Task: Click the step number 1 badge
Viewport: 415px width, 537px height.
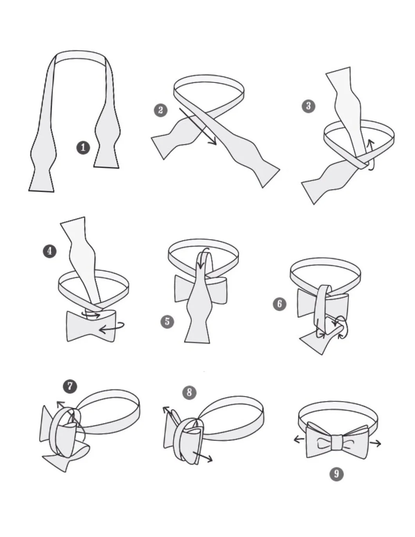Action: point(83,147)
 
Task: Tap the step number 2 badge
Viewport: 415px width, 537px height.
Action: point(160,110)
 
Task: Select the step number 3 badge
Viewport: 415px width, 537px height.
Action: point(309,106)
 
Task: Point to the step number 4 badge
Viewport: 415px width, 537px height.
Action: point(49,251)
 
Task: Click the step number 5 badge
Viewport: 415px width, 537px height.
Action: point(167,321)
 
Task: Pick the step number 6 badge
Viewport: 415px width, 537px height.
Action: point(279,304)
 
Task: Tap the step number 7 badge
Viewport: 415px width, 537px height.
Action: point(70,386)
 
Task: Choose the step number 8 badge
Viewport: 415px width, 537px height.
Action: point(189,392)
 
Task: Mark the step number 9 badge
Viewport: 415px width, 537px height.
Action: point(336,474)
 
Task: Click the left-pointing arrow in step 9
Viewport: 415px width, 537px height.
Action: point(299,440)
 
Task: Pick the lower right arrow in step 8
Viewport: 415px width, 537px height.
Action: point(203,457)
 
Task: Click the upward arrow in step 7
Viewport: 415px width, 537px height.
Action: point(60,404)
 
